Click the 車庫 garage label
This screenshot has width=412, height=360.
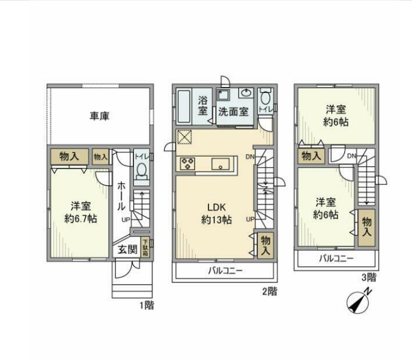pyautogui.click(x=99, y=116)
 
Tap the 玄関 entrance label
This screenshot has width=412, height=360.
pyautogui.click(x=126, y=249)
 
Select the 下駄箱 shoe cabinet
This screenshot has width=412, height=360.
pyautogui.click(x=146, y=248)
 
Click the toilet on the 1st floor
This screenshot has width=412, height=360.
pyautogui.click(x=141, y=172)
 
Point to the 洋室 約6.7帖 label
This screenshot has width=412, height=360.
pyautogui.click(x=80, y=212)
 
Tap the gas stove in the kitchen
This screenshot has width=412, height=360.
pyautogui.click(x=186, y=163)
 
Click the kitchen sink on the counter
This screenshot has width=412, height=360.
pyautogui.click(x=219, y=163)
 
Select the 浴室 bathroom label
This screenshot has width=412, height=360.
pyautogui.click(x=203, y=106)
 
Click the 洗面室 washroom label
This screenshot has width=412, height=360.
pyautogui.click(x=233, y=111)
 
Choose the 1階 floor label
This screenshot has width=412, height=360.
pyautogui.click(x=147, y=305)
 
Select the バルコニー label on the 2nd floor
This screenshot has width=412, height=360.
pyautogui.click(x=226, y=271)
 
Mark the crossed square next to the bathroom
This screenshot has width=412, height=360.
pyautogui.click(x=184, y=137)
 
